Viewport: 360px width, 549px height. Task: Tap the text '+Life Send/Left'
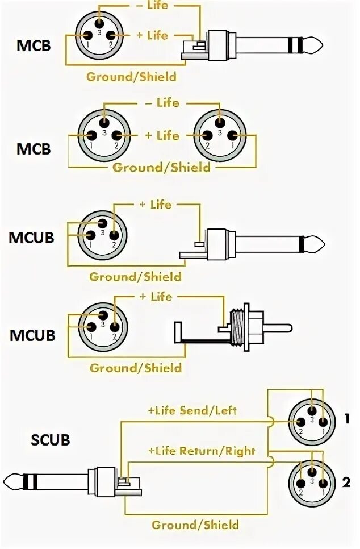point(192,410)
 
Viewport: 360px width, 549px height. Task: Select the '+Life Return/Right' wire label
point(202,451)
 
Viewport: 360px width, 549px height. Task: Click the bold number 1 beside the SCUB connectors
point(347,419)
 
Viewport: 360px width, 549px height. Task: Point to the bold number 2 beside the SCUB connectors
point(347,484)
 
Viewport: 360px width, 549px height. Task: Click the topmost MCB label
point(34,45)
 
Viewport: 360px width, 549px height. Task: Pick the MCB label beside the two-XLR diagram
point(34,149)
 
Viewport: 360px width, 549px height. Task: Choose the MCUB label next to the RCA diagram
point(32,335)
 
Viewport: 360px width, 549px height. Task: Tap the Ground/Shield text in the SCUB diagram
point(195,525)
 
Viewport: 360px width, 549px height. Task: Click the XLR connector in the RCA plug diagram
point(103,326)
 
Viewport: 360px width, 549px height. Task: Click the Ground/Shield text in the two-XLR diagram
point(161,167)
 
